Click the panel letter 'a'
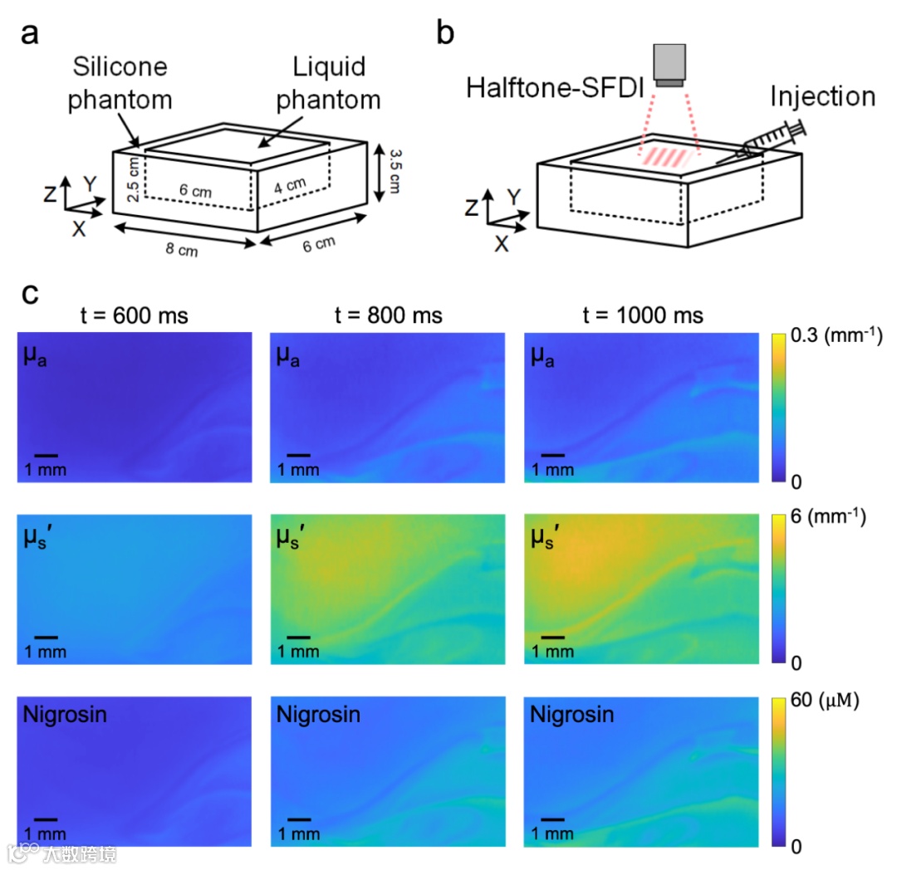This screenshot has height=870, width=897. pos(31,35)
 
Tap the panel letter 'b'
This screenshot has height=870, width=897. pos(446,35)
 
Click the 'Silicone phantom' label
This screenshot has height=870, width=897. pos(120,83)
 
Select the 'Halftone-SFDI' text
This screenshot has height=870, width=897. pos(554,87)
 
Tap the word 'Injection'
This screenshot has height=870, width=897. pos(822,96)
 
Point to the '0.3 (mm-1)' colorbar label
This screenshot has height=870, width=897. pos(834,336)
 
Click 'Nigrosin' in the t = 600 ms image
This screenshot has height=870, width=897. pos(65,714)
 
